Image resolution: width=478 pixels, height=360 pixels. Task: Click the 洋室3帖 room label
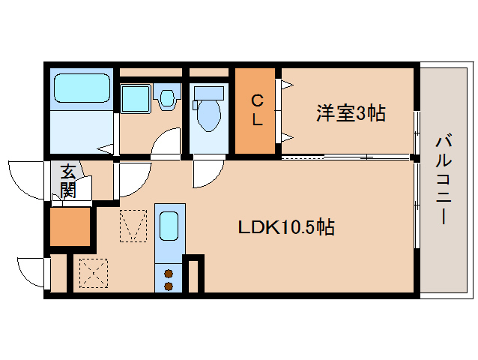[351, 114]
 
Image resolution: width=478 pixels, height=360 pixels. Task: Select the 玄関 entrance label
[68, 181]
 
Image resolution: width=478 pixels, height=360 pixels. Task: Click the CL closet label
[256, 110]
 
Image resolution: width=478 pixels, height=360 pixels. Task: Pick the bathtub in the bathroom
[82, 89]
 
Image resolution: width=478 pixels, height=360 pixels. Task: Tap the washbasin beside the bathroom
[136, 98]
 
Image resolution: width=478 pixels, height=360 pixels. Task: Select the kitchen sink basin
[169, 226]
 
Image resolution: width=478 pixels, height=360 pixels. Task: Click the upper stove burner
[169, 273]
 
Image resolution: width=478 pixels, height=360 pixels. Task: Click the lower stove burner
[169, 285]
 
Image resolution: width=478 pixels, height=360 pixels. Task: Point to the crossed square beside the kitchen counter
[93, 272]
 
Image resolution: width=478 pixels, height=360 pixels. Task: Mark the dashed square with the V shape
[133, 227]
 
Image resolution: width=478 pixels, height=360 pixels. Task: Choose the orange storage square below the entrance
[69, 228]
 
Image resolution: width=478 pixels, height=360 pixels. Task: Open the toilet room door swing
[207, 173]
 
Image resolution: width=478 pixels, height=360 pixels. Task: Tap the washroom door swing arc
[166, 142]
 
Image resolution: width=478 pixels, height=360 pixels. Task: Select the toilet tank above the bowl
[208, 94]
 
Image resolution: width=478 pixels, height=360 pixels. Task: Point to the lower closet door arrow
[286, 136]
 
